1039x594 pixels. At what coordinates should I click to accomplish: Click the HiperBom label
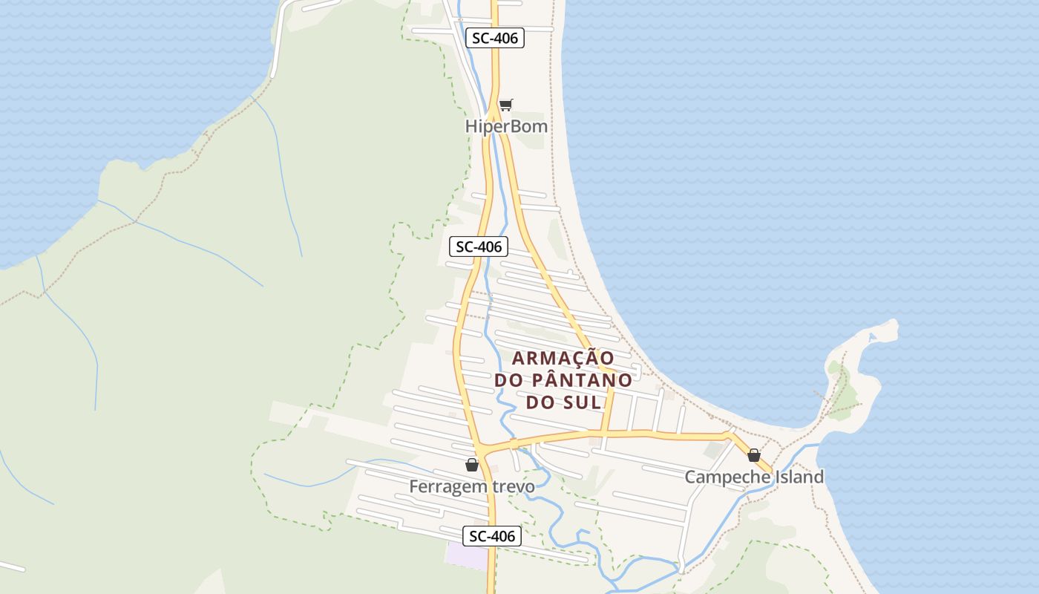506,126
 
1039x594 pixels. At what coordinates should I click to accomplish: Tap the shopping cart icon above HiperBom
505,105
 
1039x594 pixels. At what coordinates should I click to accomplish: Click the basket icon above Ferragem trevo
471,466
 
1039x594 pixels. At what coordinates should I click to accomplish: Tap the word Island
799,477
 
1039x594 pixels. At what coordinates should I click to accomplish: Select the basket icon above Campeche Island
754,455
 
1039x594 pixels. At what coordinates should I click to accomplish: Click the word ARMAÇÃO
563,358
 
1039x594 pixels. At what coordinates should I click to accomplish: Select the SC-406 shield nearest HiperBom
495,38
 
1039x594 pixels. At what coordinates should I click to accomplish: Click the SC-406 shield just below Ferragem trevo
492,535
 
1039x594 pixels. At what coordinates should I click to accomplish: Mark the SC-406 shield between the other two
479,247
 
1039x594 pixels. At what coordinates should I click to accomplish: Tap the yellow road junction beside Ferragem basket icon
483,449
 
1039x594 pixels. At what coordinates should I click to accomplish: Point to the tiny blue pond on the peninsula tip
872,337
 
